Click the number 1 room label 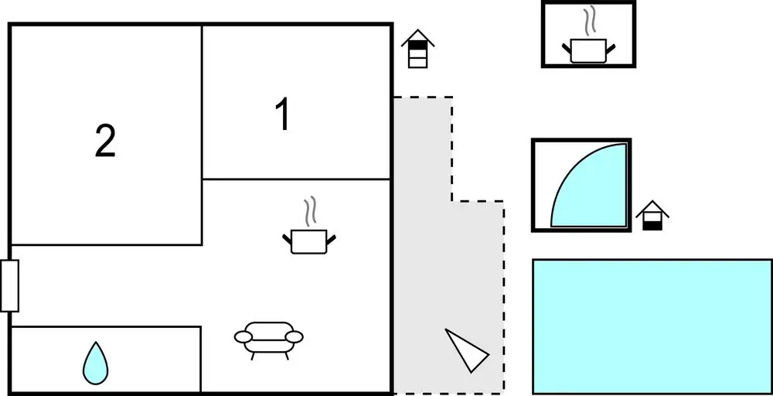[283, 114]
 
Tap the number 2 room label [105, 141]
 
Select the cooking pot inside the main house [309, 241]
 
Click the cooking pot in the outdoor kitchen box [588, 50]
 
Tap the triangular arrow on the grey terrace [466, 350]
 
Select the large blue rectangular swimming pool [652, 326]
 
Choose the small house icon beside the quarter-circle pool [652, 216]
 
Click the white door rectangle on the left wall [9, 285]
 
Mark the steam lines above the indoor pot [309, 212]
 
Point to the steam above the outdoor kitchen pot [589, 21]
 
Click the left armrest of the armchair [243, 336]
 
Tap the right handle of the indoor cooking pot [331, 240]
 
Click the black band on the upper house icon [417, 46]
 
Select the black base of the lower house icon [652, 225]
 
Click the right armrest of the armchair [295, 336]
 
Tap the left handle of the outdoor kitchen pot [567, 48]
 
